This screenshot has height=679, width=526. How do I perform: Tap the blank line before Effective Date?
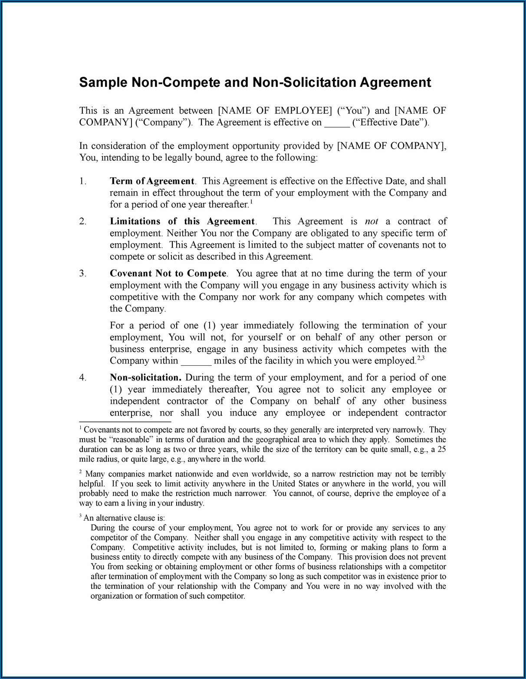[x=337, y=123]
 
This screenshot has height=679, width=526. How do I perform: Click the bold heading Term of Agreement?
[x=152, y=181]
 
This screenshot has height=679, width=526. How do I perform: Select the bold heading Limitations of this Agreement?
[x=182, y=221]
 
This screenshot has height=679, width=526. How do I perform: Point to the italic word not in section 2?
[x=371, y=221]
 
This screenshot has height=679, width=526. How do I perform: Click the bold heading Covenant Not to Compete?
[x=168, y=273]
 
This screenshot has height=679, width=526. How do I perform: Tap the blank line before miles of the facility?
[x=196, y=361]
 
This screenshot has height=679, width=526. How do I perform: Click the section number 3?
[x=82, y=273]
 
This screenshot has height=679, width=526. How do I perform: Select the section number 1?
[x=82, y=181]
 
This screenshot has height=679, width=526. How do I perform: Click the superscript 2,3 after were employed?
[x=420, y=358]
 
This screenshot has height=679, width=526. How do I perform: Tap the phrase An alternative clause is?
[x=124, y=518]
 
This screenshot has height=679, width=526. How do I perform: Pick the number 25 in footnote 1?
[x=441, y=449]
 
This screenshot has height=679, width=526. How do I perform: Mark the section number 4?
[x=82, y=377]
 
